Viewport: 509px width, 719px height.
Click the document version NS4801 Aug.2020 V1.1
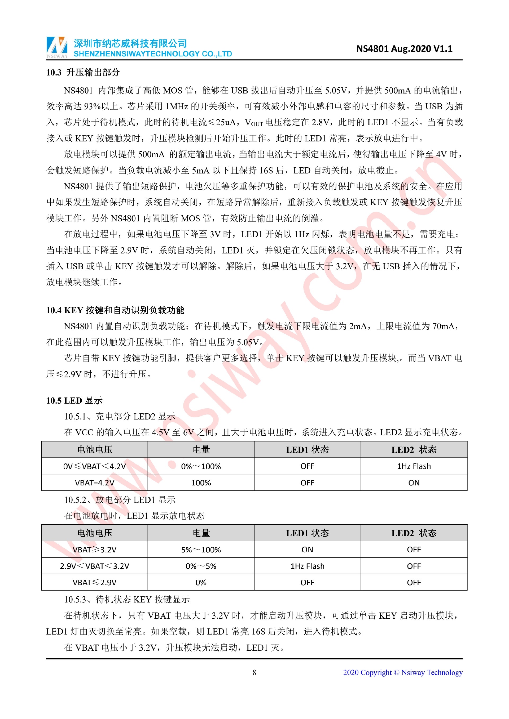(404, 49)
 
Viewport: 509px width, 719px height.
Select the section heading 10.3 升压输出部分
(83, 73)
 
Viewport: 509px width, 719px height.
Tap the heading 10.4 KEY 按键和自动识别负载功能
(115, 310)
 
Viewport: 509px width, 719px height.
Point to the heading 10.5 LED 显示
(74, 400)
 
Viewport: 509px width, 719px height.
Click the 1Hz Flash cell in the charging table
(414, 466)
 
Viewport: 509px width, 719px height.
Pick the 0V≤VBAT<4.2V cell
(94, 466)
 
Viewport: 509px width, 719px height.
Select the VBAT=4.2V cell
(94, 483)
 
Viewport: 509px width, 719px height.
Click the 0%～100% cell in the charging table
(201, 466)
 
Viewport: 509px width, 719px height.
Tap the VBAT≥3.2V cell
(94, 549)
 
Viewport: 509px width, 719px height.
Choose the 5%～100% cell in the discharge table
(201, 549)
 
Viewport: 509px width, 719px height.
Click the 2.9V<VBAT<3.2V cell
(94, 566)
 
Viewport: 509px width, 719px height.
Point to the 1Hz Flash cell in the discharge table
(307, 566)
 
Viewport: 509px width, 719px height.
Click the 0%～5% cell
(201, 566)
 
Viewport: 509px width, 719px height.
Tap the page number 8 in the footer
(254, 672)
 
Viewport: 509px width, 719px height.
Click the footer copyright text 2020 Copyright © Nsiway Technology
(402, 672)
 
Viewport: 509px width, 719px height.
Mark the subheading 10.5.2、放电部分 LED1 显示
(120, 500)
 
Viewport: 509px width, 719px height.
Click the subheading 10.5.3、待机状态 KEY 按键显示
(127, 599)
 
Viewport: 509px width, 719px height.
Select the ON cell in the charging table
(414, 483)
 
